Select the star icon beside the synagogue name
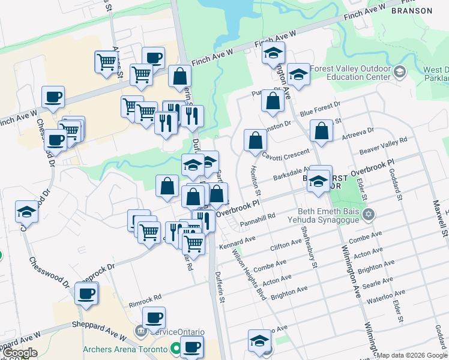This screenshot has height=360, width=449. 369,214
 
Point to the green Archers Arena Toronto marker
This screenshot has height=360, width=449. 175,348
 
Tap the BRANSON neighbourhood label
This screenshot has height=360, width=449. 411,11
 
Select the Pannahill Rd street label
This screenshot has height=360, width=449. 256,217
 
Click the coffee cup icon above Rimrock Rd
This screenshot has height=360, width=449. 87,293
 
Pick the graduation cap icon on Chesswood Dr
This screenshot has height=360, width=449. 27,211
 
